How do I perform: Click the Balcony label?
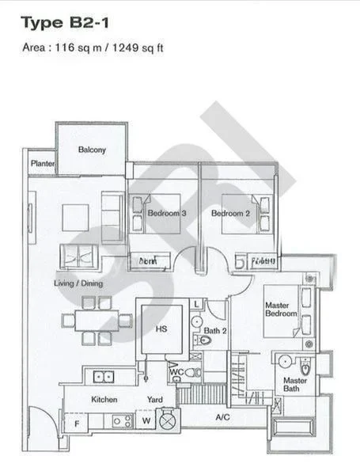[92, 150]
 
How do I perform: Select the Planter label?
[41, 164]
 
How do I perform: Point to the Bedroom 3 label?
[167, 213]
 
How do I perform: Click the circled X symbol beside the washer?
[167, 421]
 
